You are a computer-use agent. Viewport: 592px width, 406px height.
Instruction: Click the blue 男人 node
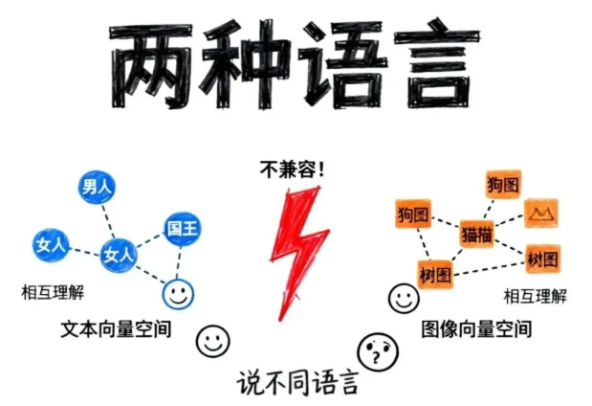coord(97,188)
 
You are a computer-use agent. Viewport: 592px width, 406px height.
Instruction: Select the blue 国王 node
coord(183,229)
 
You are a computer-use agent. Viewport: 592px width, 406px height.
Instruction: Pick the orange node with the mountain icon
coord(542,213)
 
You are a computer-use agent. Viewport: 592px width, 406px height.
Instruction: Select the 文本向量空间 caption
coord(116,328)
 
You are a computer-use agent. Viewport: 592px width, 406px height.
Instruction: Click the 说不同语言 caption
coord(297,384)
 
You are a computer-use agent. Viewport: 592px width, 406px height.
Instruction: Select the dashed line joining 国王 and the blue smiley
coord(180,260)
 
